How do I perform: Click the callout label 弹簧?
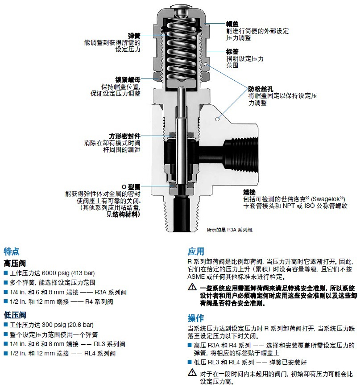pos(134,36)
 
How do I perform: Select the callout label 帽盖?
pos(232,24)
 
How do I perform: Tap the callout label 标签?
pos(232,51)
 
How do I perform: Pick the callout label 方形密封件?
pos(125,136)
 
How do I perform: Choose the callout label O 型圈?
pos(131,186)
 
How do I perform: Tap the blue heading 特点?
pos(12,252)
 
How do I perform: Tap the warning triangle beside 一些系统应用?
pos(191,289)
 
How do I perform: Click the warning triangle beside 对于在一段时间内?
pos(191,373)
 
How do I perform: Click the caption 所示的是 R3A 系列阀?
pos(230,230)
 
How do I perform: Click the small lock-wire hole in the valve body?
pos(217,119)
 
